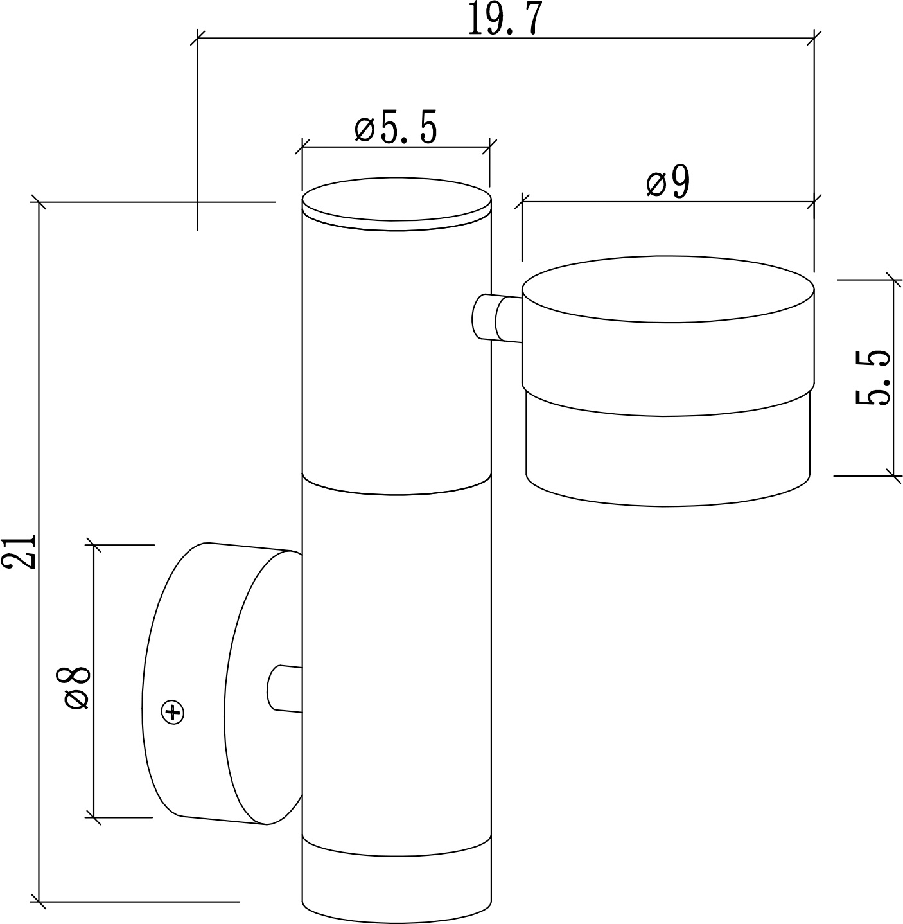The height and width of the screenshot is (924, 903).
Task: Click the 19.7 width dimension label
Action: pos(505,19)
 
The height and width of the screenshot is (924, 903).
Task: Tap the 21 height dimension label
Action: pos(19,551)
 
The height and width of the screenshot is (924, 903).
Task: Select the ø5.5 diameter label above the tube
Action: pos(396,127)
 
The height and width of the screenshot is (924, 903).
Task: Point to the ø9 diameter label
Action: pos(669,182)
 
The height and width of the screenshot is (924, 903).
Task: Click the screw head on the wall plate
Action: pos(173,712)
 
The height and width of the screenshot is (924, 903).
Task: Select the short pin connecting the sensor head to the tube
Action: pos(497,317)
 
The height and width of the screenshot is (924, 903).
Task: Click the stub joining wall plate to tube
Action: pos(285,688)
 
